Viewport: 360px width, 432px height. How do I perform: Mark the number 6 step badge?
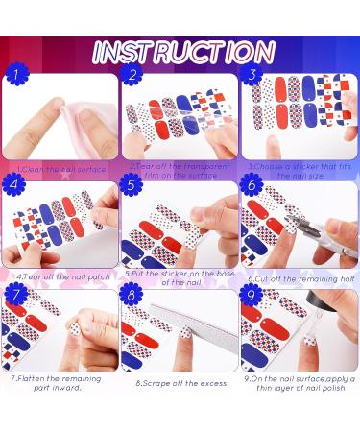252,183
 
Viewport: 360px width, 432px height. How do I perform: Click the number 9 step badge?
252,295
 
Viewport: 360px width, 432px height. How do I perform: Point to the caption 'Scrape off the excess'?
180,383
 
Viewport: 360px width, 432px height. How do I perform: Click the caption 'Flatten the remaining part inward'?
60,383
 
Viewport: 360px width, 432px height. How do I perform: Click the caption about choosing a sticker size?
300,170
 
